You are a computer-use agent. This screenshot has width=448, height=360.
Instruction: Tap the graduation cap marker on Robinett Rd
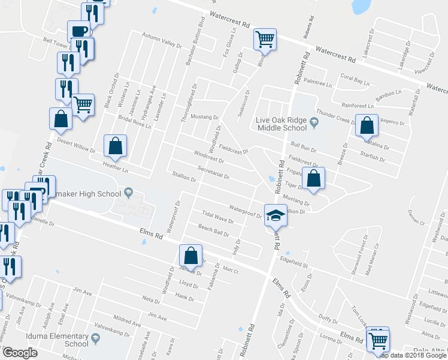pyautogui.click(x=276, y=215)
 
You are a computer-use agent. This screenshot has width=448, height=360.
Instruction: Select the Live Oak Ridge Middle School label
pyautogui.click(x=281, y=123)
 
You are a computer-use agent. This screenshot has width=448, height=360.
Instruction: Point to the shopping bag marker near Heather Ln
pyautogui.click(x=115, y=146)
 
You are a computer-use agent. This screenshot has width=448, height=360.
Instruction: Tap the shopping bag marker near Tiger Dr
pyautogui.click(x=313, y=178)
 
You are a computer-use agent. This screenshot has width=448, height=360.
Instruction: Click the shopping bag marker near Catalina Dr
pyautogui.click(x=367, y=126)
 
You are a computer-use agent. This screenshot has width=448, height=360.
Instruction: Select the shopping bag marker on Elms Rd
pyautogui.click(x=190, y=255)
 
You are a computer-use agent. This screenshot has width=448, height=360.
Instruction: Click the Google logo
pyautogui.click(x=20, y=353)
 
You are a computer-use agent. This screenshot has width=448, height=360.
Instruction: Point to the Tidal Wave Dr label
pyautogui.click(x=217, y=217)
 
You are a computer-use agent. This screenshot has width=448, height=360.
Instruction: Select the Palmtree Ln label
pyautogui.click(x=318, y=80)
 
